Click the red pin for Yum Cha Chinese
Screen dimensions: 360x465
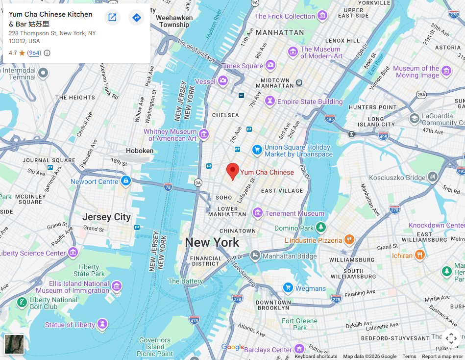click(233, 171)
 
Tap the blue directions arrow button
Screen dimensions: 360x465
click(136, 18)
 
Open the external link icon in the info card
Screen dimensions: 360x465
click(112, 18)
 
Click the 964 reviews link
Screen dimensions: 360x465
click(34, 53)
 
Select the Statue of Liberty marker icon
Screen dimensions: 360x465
click(102, 324)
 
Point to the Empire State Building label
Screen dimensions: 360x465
click(310, 102)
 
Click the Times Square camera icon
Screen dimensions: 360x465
click(270, 65)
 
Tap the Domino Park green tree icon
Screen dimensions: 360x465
click(321, 228)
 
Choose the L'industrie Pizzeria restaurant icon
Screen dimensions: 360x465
click(349, 240)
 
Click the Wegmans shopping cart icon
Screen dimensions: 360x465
click(288, 288)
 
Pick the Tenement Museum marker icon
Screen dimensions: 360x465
click(257, 213)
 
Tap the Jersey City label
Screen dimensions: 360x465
click(106, 217)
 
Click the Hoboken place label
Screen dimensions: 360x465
click(140, 151)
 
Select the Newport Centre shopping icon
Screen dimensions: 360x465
click(126, 181)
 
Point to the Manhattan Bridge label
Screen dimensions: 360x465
click(290, 256)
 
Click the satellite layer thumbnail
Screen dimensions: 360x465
click(14, 344)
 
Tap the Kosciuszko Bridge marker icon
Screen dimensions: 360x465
click(432, 177)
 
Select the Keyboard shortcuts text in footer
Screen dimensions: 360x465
click(316, 357)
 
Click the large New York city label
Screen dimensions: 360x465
click(212, 242)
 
